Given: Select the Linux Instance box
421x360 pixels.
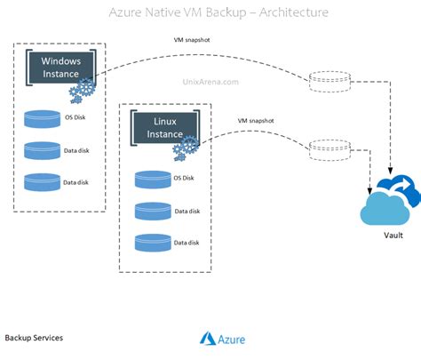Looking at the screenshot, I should tap(163, 126).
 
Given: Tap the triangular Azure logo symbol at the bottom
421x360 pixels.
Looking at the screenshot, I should tap(208, 339).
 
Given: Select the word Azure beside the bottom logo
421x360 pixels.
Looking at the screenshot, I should tap(232, 339).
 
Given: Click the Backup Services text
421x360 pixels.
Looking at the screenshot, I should tap(34, 339).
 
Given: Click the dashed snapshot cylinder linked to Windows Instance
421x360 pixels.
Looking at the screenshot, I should tap(322, 83).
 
